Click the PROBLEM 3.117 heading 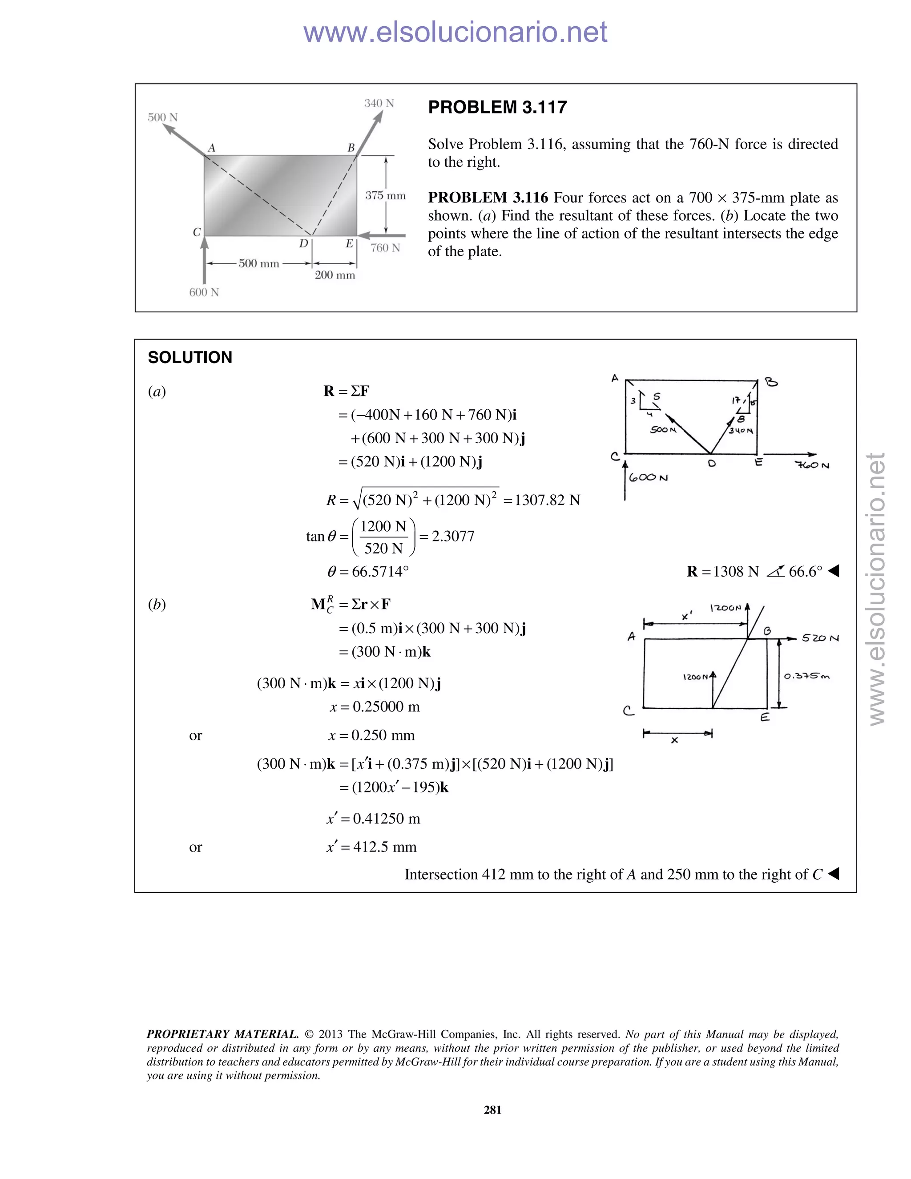(x=497, y=107)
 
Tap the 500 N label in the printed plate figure (x=162, y=117)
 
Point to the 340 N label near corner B (x=379, y=103)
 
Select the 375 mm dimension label (x=385, y=195)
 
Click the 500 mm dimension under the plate (x=258, y=263)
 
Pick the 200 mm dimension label (x=335, y=275)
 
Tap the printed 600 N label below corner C (x=204, y=292)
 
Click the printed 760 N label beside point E (x=385, y=248)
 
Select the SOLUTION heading (x=190, y=357)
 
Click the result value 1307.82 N (x=547, y=500)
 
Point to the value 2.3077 (x=453, y=536)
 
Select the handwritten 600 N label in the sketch (x=648, y=478)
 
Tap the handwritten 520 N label (x=820, y=638)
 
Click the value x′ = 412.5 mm (x=371, y=847)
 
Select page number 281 (x=493, y=1110)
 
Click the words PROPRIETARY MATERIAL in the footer (x=222, y=1034)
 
